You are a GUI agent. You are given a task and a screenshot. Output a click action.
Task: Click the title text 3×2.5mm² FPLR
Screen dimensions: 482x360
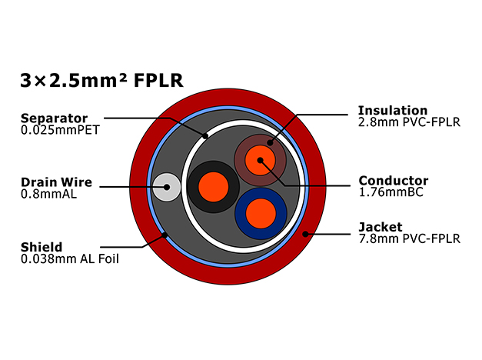[x=101, y=81]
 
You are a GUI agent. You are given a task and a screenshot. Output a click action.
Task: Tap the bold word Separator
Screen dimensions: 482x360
[x=54, y=118]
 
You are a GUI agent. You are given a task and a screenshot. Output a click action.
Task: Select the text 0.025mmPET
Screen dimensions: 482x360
[x=60, y=130]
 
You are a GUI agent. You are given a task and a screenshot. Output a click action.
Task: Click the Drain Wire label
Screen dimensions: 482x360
[x=56, y=182]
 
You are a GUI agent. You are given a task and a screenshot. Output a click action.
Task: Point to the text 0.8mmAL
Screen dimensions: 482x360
[x=48, y=194]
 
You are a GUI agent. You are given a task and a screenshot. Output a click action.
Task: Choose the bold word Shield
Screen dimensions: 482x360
[x=42, y=247]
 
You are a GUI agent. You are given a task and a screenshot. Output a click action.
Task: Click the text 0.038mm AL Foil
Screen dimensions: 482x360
[x=70, y=259]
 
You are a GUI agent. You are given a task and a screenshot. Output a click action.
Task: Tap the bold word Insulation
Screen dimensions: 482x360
[x=393, y=110]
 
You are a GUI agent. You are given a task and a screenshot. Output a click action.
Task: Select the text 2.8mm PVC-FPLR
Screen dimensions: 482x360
[x=409, y=122]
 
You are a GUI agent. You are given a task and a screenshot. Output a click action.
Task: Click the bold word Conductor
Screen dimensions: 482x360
[x=394, y=181]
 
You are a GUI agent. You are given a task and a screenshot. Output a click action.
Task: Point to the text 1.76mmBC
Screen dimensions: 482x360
[x=391, y=192]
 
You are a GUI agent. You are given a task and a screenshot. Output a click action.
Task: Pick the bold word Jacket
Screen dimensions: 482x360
[x=381, y=227]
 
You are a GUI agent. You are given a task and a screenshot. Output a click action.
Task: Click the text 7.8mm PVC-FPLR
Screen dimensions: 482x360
[x=410, y=238]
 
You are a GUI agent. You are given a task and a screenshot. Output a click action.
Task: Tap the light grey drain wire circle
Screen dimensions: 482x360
[x=167, y=187]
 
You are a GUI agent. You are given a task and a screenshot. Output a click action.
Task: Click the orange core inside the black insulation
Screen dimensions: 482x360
[x=214, y=187]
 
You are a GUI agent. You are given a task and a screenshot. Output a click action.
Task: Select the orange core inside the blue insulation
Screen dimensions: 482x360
[x=261, y=214]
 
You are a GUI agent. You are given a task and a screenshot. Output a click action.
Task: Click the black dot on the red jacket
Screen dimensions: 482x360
[x=305, y=234]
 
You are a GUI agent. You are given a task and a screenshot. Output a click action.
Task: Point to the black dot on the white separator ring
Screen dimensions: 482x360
[x=205, y=135]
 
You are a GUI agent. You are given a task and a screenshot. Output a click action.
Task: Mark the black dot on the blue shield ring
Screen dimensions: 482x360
[x=165, y=235]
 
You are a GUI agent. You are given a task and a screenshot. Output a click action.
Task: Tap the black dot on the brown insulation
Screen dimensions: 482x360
[x=270, y=142]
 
